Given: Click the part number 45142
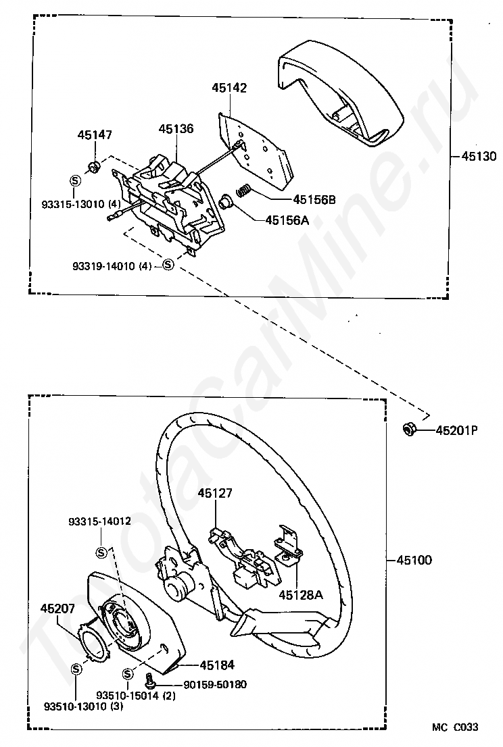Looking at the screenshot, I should tap(229, 88).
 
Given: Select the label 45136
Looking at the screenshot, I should tap(176, 128).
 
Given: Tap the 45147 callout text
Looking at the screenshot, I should tap(95, 134).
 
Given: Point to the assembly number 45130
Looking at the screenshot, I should tap(479, 157).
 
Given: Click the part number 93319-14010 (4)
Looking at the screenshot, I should tap(112, 266).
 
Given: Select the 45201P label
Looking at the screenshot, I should tap(456, 430).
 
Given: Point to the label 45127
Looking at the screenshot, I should tap(215, 494).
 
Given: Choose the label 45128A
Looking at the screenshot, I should tap(301, 596).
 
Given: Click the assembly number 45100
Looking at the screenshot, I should tap(413, 561).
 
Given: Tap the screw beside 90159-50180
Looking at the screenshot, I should tap(152, 685).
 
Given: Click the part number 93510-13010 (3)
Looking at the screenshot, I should tap(75, 707).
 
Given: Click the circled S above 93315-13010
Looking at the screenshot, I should tap(76, 180).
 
